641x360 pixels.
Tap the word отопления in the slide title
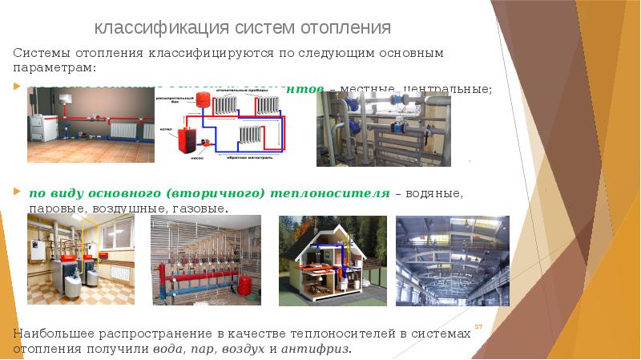tap(345, 28)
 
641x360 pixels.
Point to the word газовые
tap(199, 208)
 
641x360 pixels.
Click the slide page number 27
tap(478, 327)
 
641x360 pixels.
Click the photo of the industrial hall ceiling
tap(452, 260)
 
